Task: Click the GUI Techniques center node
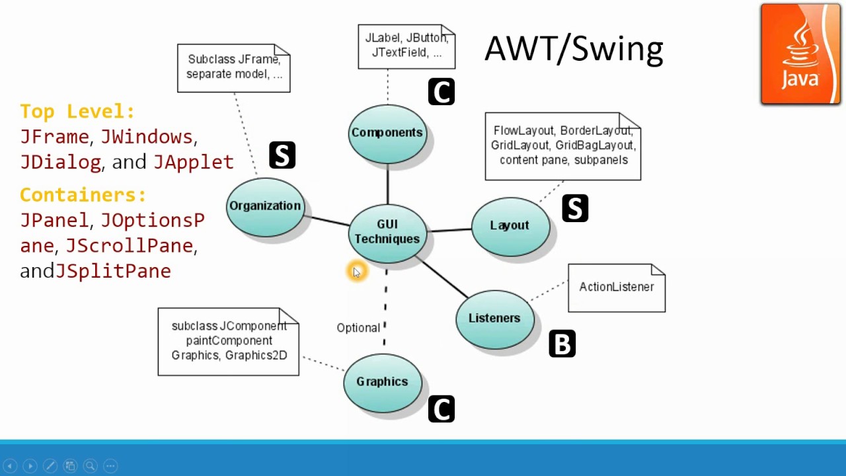[x=387, y=232]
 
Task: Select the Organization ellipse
[x=265, y=206]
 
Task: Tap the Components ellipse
[x=387, y=133]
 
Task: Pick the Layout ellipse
[x=510, y=226]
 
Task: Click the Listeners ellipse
[x=494, y=319]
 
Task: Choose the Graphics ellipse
[x=382, y=382]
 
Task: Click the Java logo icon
[x=800, y=54]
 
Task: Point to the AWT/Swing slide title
[x=574, y=50]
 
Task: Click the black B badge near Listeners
[x=562, y=344]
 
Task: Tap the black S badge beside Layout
[x=575, y=208]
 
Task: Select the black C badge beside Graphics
[x=442, y=409]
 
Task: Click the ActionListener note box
[x=617, y=288]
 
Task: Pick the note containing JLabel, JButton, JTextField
[x=406, y=46]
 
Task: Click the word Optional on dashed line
[x=358, y=328]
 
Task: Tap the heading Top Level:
[x=77, y=111]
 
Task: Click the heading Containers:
[x=83, y=195]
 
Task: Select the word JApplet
[x=194, y=162]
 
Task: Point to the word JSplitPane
[x=113, y=271]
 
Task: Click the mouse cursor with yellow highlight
[x=356, y=271]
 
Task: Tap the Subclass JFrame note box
[x=234, y=67]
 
